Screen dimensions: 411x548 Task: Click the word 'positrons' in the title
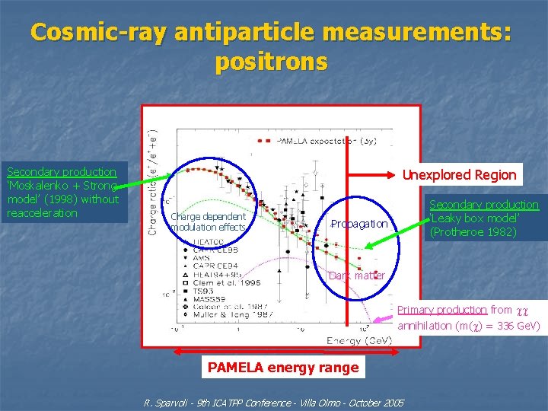(272, 62)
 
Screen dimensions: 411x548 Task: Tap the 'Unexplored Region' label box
(459, 175)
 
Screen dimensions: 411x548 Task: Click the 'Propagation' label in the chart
(359, 224)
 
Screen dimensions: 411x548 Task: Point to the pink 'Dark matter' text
(357, 276)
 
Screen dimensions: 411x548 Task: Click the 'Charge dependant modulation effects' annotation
(209, 222)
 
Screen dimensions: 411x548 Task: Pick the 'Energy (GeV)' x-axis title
(359, 340)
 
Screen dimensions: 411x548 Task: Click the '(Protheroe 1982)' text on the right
(473, 232)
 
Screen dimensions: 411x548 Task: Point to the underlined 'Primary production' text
(442, 310)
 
